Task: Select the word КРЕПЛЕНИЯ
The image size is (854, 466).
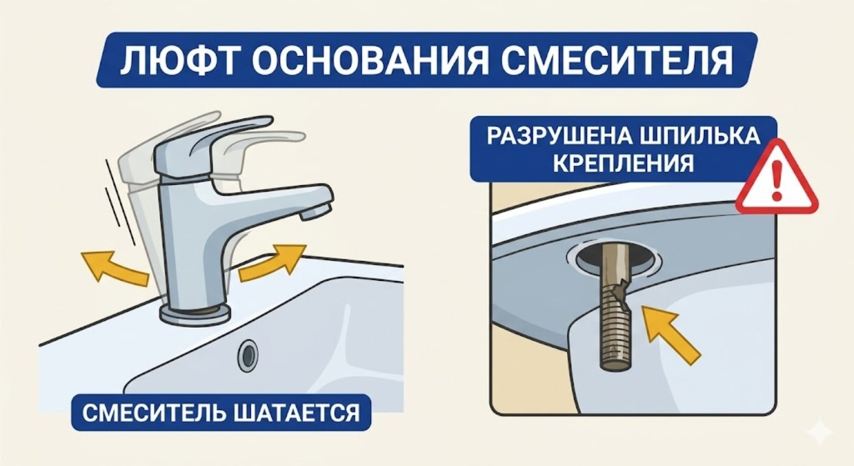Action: (623, 163)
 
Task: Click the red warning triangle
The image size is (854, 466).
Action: (777, 179)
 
